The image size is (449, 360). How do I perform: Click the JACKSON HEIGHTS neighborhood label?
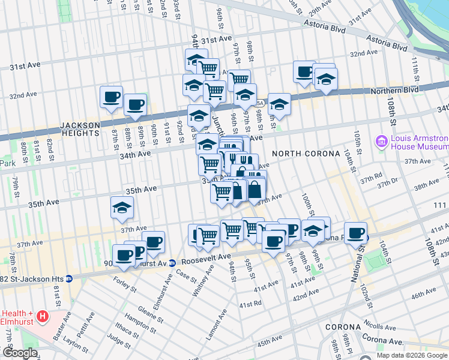point(80,128)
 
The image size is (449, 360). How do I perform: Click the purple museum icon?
point(381,142)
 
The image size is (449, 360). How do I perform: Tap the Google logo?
point(19,353)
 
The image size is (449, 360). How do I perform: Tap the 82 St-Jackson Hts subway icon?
point(70,278)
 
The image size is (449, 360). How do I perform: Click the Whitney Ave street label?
point(203,277)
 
